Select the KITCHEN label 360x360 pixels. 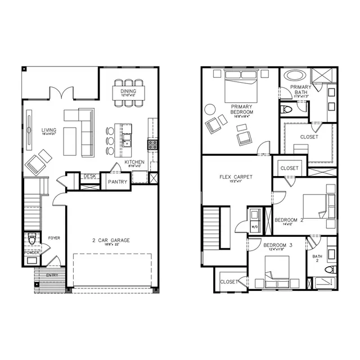[134, 163]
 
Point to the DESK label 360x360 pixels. [89, 176]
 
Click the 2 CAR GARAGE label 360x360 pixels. [111, 241]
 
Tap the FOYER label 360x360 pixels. [54, 238]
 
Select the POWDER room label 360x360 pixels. [31, 253]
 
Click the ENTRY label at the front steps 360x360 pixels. [52, 274]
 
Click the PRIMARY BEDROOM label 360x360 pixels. [242, 109]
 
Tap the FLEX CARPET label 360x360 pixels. [236, 177]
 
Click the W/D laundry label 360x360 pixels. [254, 227]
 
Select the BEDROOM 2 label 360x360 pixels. [289, 220]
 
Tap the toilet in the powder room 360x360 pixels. [32, 239]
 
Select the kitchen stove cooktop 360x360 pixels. [152, 145]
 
